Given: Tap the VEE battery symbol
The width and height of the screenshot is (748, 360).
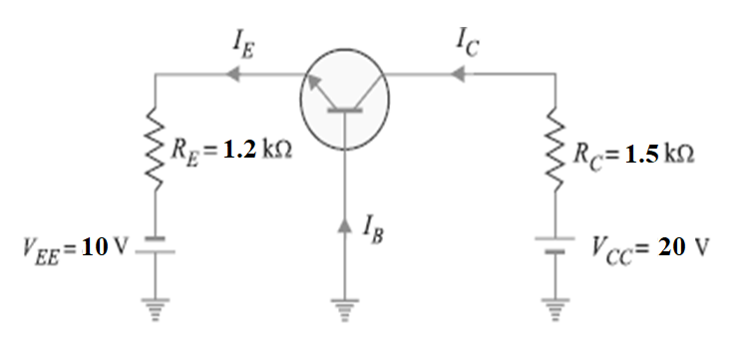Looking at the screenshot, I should tap(156, 246).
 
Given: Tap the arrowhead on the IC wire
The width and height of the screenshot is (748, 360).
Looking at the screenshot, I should tap(458, 73).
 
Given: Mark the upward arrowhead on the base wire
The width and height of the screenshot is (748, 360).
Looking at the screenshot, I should tap(345, 227).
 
